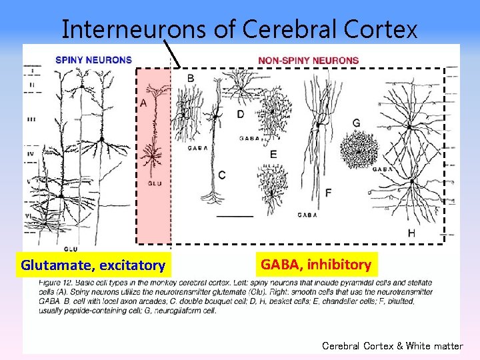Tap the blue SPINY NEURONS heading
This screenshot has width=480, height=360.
click(x=93, y=60)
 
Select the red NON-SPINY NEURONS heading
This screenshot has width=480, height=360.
click(x=308, y=60)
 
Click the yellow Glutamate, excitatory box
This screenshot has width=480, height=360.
click(x=93, y=265)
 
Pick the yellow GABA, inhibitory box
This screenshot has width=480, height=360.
click(x=316, y=265)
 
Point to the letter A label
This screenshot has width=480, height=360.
click(x=143, y=103)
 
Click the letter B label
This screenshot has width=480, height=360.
click(x=191, y=79)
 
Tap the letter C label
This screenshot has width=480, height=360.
click(x=221, y=175)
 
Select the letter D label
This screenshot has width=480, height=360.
click(x=240, y=114)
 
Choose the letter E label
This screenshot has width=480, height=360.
click(x=273, y=155)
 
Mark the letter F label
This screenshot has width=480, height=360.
click(x=328, y=193)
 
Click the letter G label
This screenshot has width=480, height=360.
click(x=356, y=123)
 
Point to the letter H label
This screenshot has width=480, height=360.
click(x=411, y=233)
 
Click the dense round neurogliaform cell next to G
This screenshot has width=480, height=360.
click(x=359, y=151)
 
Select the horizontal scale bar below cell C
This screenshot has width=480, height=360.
click(x=235, y=216)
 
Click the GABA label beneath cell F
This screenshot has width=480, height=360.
click(x=307, y=215)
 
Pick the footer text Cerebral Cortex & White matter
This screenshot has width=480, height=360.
click(x=392, y=346)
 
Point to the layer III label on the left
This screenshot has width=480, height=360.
click(x=31, y=119)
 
